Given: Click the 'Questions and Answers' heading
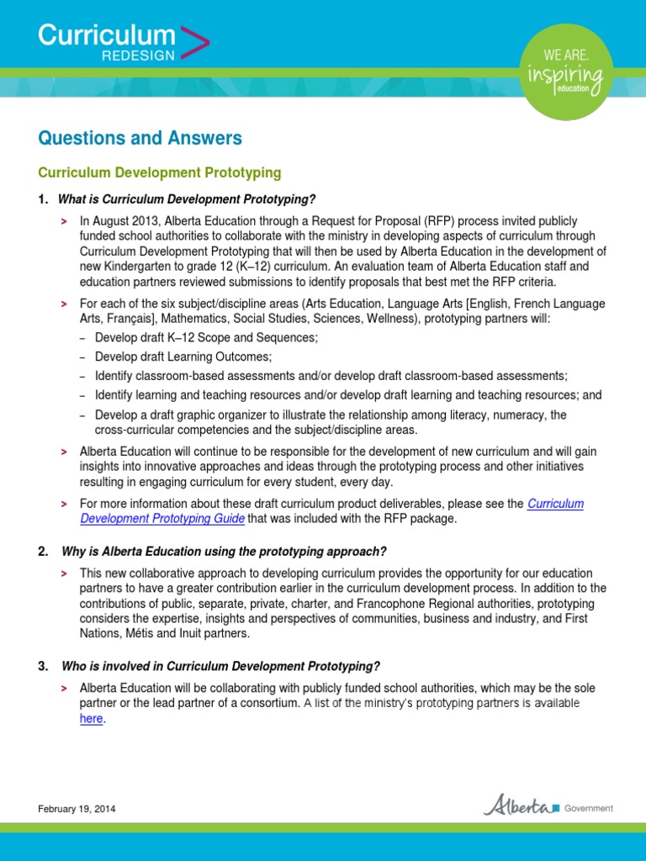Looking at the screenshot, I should (x=140, y=138).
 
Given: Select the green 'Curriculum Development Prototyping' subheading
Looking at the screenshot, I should (x=160, y=172).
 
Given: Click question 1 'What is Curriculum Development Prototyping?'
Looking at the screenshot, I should (x=186, y=199).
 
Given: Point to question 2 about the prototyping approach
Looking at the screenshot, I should (x=224, y=552).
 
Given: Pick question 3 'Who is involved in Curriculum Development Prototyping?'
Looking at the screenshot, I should (x=221, y=666).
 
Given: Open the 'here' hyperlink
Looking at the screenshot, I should (x=91, y=719).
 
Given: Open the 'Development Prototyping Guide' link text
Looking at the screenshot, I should (x=162, y=519).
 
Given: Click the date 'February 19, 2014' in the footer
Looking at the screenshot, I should (x=77, y=809).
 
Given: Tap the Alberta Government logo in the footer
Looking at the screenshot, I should (x=548, y=806).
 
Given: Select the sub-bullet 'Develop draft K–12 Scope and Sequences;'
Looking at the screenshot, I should (x=206, y=337).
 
